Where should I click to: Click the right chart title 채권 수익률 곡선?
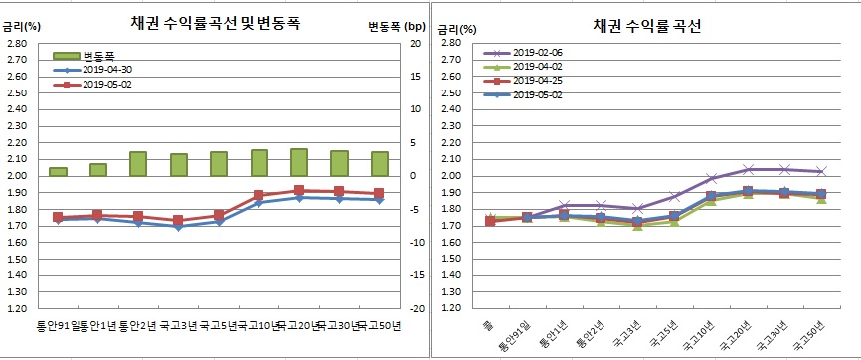pos(647,26)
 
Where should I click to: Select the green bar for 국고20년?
pos(299,162)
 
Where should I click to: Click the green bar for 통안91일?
pos(58,171)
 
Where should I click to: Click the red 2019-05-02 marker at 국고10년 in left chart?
pos(258,195)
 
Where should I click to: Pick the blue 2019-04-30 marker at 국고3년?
pos(178,227)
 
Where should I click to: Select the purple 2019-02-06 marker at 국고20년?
pos(748,169)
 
